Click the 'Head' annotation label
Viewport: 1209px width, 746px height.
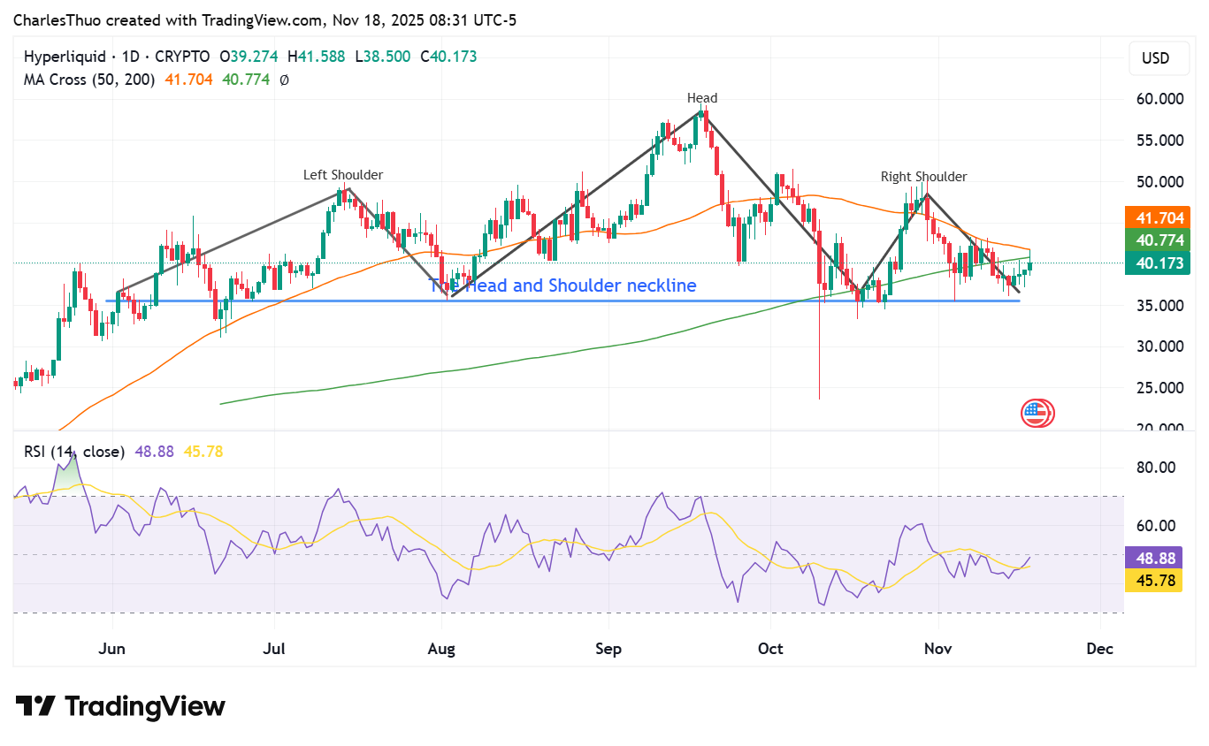click(702, 98)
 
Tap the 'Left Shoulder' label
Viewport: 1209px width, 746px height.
click(343, 175)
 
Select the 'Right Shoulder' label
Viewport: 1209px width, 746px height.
click(923, 177)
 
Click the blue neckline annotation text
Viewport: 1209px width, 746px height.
click(562, 285)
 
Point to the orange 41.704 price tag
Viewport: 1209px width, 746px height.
click(1156, 217)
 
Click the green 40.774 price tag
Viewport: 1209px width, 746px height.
click(1156, 240)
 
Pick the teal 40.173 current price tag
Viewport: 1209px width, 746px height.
click(1156, 263)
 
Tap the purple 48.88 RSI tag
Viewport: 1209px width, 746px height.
click(1152, 559)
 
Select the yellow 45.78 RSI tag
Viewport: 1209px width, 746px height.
click(1152, 581)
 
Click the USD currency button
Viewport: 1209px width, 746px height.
click(1155, 58)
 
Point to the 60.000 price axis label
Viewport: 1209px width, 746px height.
click(1159, 99)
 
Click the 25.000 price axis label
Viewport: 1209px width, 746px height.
click(1159, 388)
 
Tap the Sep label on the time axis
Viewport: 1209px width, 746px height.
click(608, 649)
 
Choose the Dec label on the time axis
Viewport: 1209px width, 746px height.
click(1099, 649)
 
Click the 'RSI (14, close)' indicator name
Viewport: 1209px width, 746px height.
click(74, 452)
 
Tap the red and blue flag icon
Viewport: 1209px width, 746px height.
click(1037, 413)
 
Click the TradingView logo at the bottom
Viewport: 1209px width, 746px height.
click(121, 706)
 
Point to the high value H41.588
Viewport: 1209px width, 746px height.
click(317, 57)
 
